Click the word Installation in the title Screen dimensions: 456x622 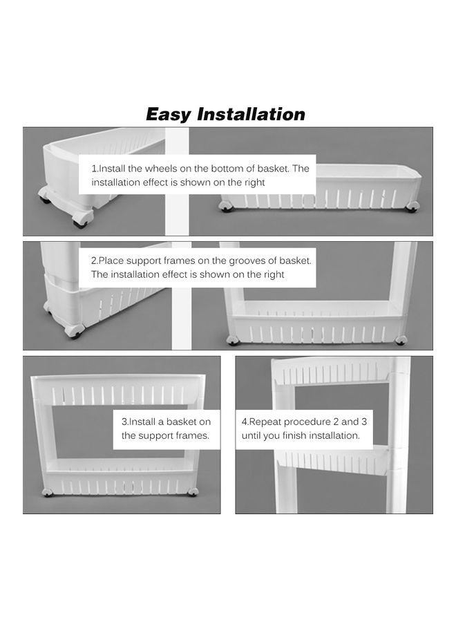251,114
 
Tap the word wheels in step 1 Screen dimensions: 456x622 160,169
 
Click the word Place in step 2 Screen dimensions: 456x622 111,261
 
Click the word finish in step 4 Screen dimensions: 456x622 295,435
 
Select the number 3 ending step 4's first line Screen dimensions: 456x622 363,422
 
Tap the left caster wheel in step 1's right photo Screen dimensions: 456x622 225,206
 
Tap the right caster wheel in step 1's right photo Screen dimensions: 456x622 412,206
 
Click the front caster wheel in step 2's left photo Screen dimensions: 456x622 75,332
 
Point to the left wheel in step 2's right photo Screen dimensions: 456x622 232,340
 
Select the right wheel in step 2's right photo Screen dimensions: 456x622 401,339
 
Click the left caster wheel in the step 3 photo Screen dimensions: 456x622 48,492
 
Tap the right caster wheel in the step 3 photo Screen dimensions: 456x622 193,492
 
